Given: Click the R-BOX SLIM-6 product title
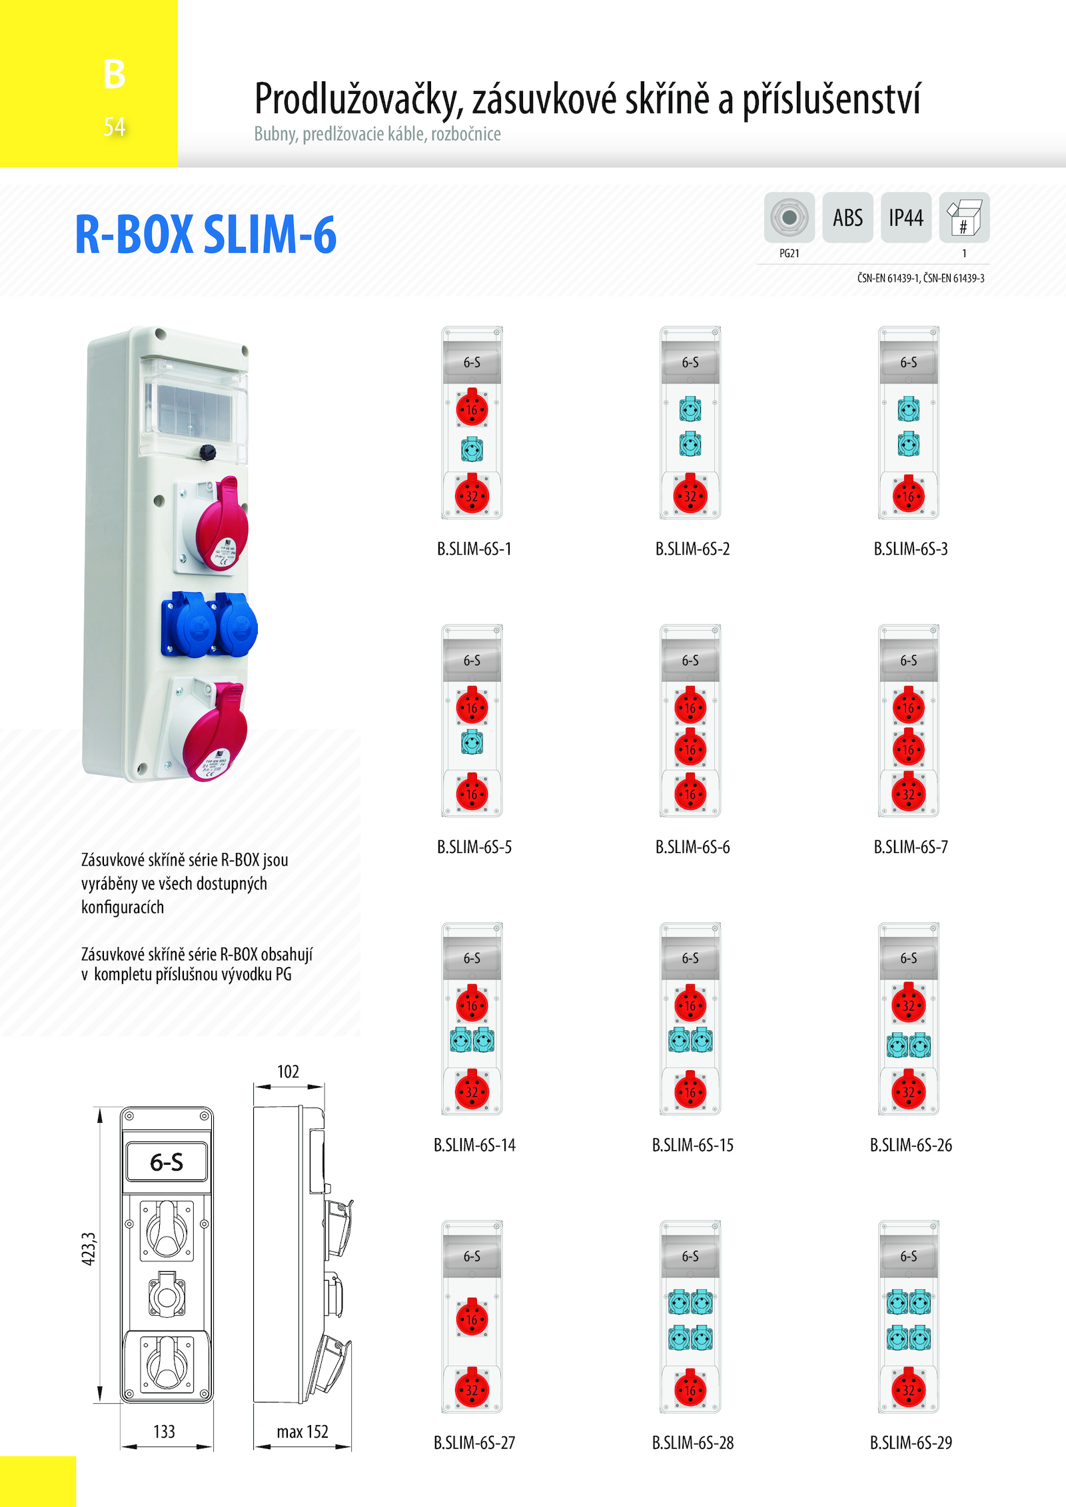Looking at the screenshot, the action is [x=206, y=234].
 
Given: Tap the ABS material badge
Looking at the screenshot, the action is [x=847, y=218].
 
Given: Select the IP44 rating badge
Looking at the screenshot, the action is [x=905, y=218].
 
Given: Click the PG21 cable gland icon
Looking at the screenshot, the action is [x=789, y=218].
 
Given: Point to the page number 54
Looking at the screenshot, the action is [x=114, y=127].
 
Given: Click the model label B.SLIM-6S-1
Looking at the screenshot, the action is [x=474, y=549].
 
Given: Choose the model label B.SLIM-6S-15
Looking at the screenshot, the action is [x=692, y=1145].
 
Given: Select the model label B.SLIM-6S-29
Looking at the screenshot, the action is [x=911, y=1442].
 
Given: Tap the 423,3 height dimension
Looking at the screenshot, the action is [x=89, y=1249].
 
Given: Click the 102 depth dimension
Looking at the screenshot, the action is [x=288, y=1071].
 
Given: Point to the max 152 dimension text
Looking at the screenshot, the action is [x=302, y=1432].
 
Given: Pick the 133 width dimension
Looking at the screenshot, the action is [x=164, y=1432].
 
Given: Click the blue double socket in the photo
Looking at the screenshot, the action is [x=209, y=625].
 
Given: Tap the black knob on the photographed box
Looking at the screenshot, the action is [x=208, y=452].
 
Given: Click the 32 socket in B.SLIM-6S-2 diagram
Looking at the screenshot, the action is [x=690, y=495].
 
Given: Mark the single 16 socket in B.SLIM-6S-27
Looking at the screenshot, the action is [x=472, y=1318].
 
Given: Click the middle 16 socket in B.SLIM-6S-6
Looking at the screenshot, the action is [x=690, y=749].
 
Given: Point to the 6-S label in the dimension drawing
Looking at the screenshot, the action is [x=167, y=1162].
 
